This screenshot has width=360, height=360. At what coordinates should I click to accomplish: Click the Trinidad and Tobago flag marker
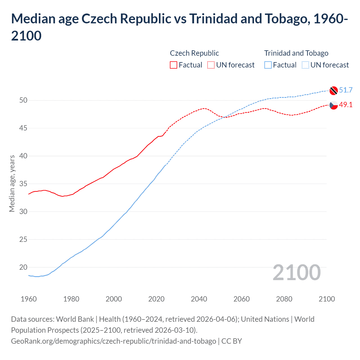(x=334, y=91)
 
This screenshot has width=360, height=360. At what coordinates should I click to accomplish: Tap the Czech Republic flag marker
(x=334, y=105)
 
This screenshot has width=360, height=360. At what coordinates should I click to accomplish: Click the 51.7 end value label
(x=346, y=90)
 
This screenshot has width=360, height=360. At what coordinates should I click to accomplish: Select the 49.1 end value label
(x=346, y=105)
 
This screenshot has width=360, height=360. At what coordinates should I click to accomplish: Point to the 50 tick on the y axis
(x=24, y=100)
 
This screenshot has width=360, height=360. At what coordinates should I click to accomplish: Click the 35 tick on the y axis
(x=24, y=184)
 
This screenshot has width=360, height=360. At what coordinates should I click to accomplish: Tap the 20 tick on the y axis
(x=24, y=267)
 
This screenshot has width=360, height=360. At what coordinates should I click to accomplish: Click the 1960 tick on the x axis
(x=29, y=299)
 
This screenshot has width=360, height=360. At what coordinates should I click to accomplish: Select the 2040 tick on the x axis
(x=199, y=299)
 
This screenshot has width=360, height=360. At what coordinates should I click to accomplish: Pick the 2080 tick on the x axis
(x=284, y=299)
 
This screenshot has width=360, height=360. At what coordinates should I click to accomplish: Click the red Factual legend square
(x=174, y=65)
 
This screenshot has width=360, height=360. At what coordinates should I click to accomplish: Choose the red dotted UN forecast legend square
(x=211, y=65)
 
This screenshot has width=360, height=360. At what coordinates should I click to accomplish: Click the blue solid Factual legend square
(x=268, y=65)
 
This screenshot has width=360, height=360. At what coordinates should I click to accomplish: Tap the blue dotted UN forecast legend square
(x=305, y=65)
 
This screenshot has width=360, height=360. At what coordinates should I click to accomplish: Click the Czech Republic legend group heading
(x=194, y=53)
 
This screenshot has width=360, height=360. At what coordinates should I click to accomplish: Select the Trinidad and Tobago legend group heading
(x=296, y=53)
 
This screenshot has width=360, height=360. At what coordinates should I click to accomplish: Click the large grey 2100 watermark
(x=296, y=273)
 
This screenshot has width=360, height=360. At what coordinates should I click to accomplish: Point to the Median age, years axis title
(x=12, y=183)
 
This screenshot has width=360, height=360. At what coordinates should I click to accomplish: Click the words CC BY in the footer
(x=231, y=341)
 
